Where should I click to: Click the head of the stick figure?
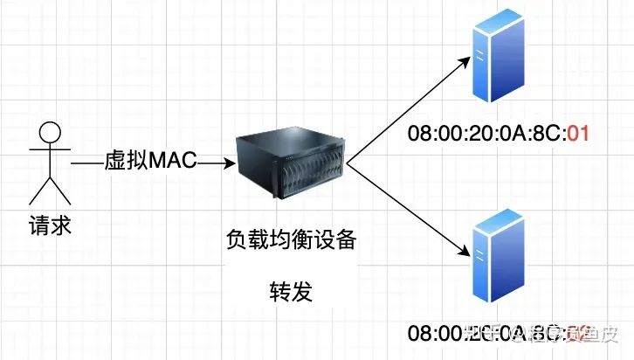point(50,135)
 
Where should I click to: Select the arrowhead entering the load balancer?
point(228,163)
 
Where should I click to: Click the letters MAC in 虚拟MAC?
point(174,162)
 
